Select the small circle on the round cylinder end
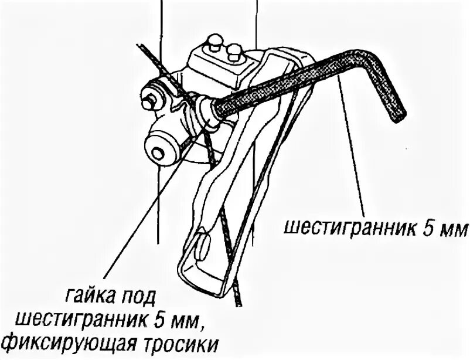[156, 154]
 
